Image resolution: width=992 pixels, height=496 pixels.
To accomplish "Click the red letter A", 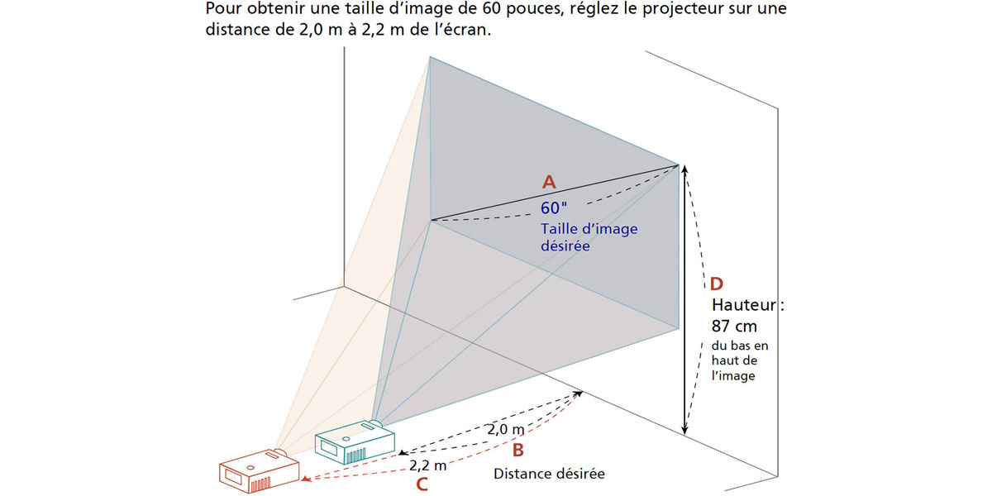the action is [549, 182].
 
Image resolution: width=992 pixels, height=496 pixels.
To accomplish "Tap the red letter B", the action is [517, 450].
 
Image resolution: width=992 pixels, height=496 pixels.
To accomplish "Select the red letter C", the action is [422, 484].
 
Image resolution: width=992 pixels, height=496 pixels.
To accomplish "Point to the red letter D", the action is [716, 284].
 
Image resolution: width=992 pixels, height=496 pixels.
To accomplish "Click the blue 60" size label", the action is [554, 207].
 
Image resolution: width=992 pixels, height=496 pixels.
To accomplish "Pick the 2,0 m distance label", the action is [506, 429].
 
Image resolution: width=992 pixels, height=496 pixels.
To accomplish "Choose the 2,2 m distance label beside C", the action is [428, 465].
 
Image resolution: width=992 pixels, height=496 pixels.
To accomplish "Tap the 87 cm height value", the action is [734, 327].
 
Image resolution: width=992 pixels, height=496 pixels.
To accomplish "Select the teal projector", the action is [355, 441].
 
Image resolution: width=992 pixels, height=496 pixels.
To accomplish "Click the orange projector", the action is [259, 470].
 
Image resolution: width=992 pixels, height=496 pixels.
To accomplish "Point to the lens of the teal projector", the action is [375, 424].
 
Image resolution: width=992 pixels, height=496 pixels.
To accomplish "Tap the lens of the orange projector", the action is [280, 453].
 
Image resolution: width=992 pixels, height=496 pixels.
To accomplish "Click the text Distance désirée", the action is [549, 474].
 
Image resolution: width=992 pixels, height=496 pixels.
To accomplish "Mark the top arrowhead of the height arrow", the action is [684, 169].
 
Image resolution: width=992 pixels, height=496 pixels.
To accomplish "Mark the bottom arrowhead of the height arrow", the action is [684, 430].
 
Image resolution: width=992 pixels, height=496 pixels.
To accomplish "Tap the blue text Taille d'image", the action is [589, 229].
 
